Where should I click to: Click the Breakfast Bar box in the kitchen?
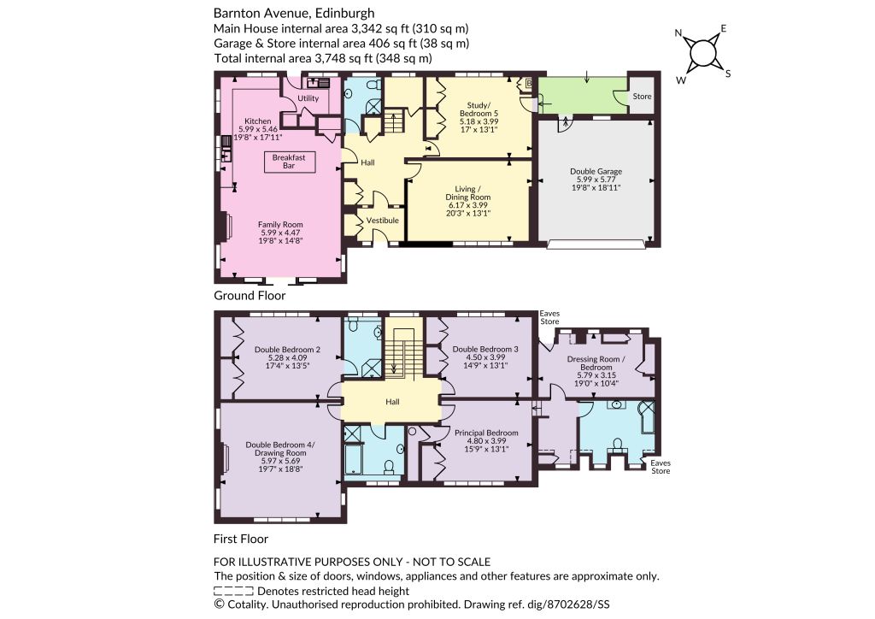pyautogui.click(x=289, y=162)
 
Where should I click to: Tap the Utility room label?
pyautogui.click(x=308, y=98)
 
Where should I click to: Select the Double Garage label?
pyautogui.click(x=596, y=171)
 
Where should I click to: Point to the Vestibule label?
pyautogui.click(x=382, y=221)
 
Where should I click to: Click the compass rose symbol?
pyautogui.click(x=702, y=54)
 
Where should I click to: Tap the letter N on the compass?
pyautogui.click(x=678, y=33)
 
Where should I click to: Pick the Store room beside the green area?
pyautogui.click(x=642, y=96)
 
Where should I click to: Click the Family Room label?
pyautogui.click(x=280, y=224)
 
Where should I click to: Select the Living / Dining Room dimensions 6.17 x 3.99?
pyautogui.click(x=467, y=205)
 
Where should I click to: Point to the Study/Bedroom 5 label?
pyautogui.click(x=479, y=109)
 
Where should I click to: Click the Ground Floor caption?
pyautogui.click(x=250, y=296)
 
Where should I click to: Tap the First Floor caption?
pyautogui.click(x=240, y=539)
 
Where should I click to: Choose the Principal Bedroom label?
pyautogui.click(x=486, y=433)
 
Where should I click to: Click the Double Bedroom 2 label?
pyautogui.click(x=287, y=350)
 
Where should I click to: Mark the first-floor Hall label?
pyautogui.click(x=392, y=402)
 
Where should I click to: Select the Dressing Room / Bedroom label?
pyautogui.click(x=596, y=363)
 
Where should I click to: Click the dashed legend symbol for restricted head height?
pyautogui.click(x=234, y=591)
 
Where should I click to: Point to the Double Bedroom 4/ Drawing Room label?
pyautogui.click(x=280, y=449)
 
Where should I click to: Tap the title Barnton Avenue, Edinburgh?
pyautogui.click(x=294, y=13)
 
